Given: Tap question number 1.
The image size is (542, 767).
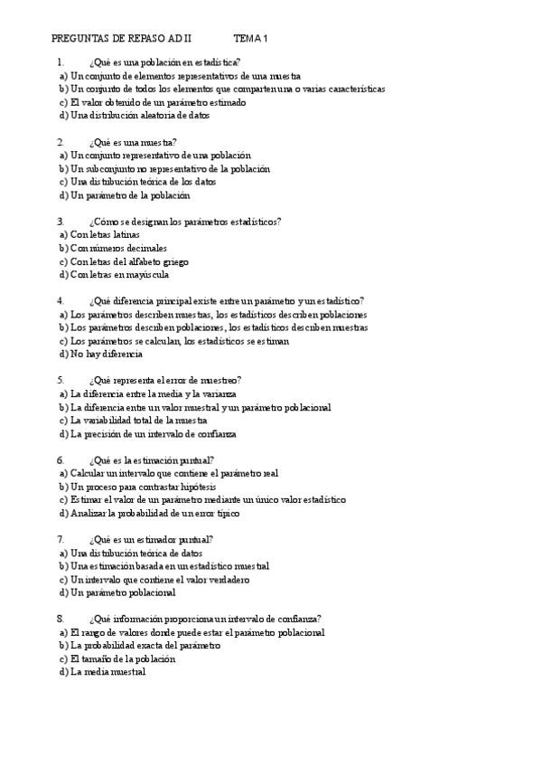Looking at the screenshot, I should [x=60, y=63].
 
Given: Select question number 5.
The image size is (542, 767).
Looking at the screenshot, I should [x=60, y=381].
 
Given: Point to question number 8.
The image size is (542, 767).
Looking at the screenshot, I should [x=60, y=620].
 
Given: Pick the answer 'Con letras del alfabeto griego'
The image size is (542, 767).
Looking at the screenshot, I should [x=131, y=261].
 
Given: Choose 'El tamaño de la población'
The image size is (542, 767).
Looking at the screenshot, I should [x=122, y=659].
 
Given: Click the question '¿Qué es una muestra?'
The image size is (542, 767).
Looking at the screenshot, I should [x=133, y=143].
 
